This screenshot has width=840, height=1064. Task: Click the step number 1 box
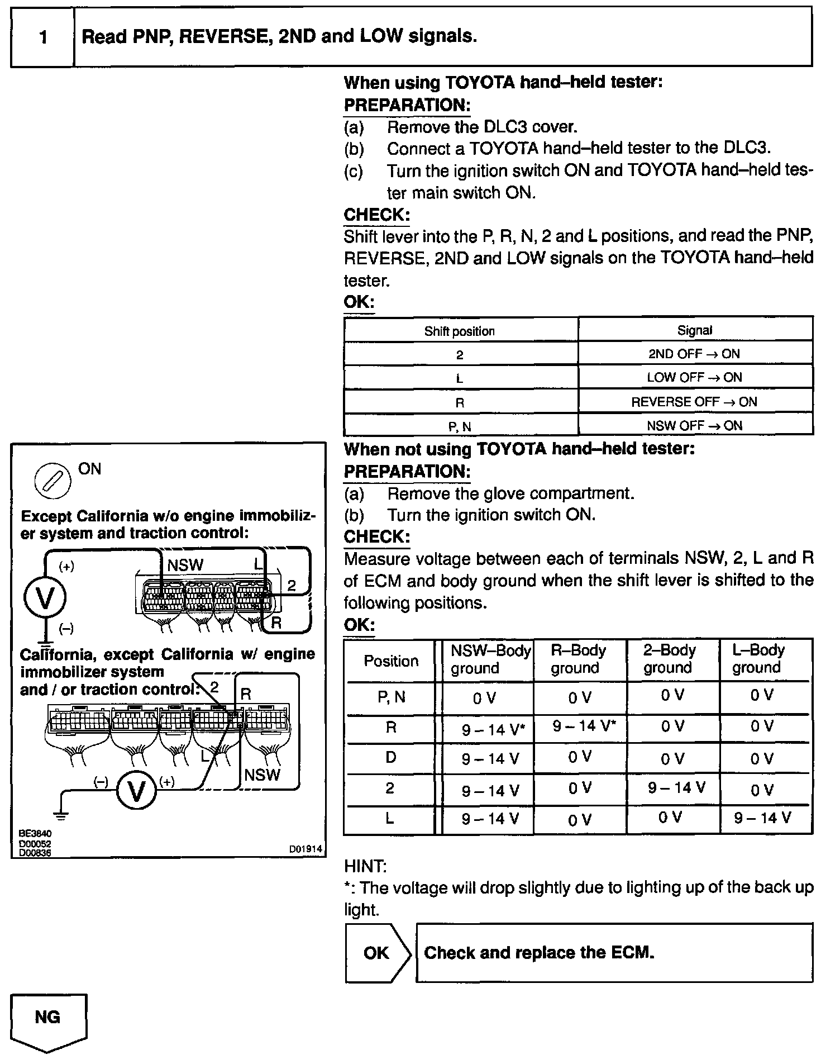click(42, 37)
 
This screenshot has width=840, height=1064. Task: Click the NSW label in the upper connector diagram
click(185, 565)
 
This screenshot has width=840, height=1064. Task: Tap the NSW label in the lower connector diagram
click(262, 775)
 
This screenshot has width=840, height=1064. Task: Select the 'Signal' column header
click(695, 330)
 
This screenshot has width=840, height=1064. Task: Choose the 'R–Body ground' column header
click(579, 659)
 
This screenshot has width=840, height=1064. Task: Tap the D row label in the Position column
click(391, 757)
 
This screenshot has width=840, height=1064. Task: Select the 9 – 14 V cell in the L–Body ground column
click(762, 818)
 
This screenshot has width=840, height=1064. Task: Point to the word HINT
click(365, 867)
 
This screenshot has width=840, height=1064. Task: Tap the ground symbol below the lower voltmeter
click(61, 815)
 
